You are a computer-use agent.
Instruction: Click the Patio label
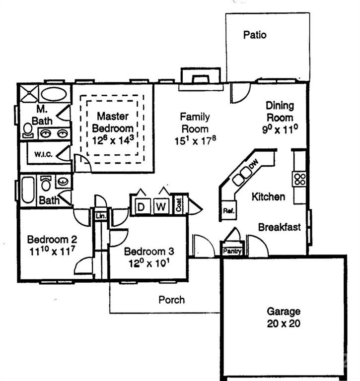[255, 35]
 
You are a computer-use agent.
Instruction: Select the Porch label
[171, 300]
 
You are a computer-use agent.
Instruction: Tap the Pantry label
[232, 252]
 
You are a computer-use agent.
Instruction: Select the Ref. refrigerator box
[228, 210]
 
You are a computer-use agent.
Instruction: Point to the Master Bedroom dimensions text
[113, 140]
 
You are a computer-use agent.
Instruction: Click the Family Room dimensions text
[194, 140]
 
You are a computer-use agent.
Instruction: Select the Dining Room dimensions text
[280, 130]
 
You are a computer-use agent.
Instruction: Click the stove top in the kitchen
[299, 179]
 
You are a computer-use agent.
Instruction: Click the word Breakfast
[279, 227]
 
